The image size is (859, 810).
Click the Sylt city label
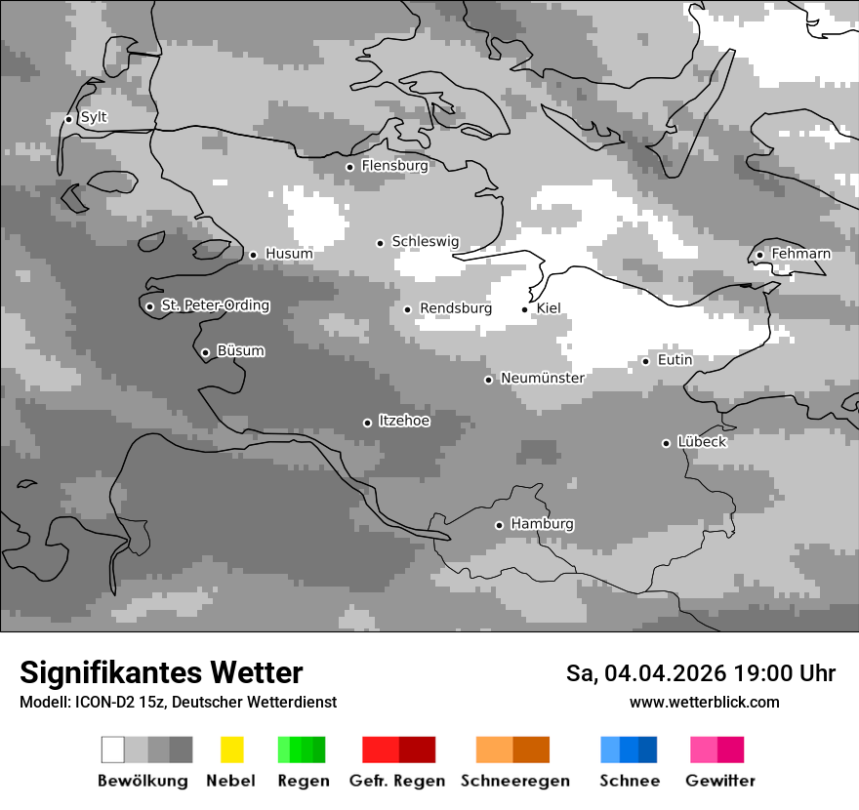[x=94, y=117]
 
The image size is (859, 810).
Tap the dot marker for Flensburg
[x=349, y=167]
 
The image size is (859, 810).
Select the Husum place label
[x=289, y=254]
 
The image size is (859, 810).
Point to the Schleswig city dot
[x=381, y=243]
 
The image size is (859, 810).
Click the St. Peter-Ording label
[x=215, y=305]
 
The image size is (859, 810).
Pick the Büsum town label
[x=240, y=351]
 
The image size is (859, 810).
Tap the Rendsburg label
[x=455, y=308]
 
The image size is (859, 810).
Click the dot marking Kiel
[x=525, y=309]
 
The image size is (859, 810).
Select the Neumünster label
[x=542, y=378]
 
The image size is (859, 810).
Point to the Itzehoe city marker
[x=367, y=423]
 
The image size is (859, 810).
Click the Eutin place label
[x=675, y=360]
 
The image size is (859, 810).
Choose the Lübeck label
[x=701, y=442]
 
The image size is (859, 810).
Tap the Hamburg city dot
[x=499, y=525]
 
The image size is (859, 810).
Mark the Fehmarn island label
[x=800, y=254]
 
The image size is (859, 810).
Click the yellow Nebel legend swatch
[x=231, y=749]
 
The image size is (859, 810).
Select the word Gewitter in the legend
[x=719, y=781]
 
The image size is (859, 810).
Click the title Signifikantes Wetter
[x=161, y=672]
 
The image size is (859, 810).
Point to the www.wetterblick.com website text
[x=704, y=702]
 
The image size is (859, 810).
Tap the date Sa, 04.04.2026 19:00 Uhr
[x=700, y=673]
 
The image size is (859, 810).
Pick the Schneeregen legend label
[x=514, y=781]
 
